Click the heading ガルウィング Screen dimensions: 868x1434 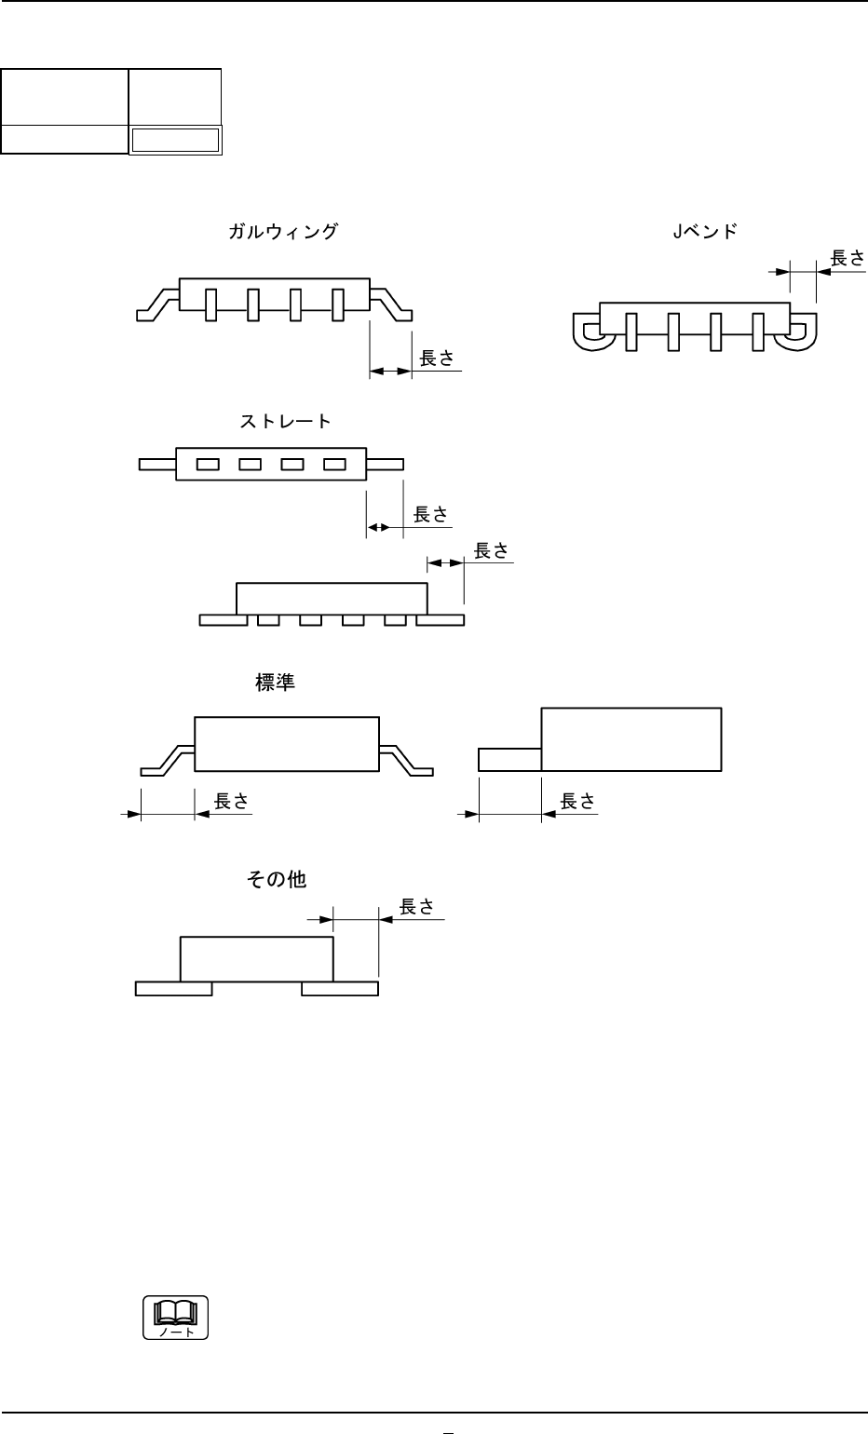tap(282, 232)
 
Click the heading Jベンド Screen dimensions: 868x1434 tap(705, 232)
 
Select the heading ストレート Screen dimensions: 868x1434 tap(286, 422)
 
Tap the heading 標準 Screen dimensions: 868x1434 tap(275, 683)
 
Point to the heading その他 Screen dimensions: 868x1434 tap(276, 878)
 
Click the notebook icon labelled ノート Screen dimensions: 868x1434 tap(175, 1317)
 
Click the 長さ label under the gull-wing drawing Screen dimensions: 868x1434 tap(437, 358)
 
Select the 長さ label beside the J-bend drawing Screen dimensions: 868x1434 tap(848, 258)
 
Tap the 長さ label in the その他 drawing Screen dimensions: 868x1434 tap(416, 906)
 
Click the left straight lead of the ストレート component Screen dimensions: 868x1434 tap(156, 464)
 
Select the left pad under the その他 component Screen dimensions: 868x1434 tap(173, 988)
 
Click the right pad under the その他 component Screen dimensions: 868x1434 tap(341, 988)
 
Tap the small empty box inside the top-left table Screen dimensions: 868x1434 tap(175, 141)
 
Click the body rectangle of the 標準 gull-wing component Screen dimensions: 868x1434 tap(287, 743)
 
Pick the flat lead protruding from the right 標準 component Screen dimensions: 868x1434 tap(509, 759)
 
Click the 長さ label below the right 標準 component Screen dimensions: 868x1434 tap(577, 801)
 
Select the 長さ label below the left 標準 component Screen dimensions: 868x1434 tap(231, 801)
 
